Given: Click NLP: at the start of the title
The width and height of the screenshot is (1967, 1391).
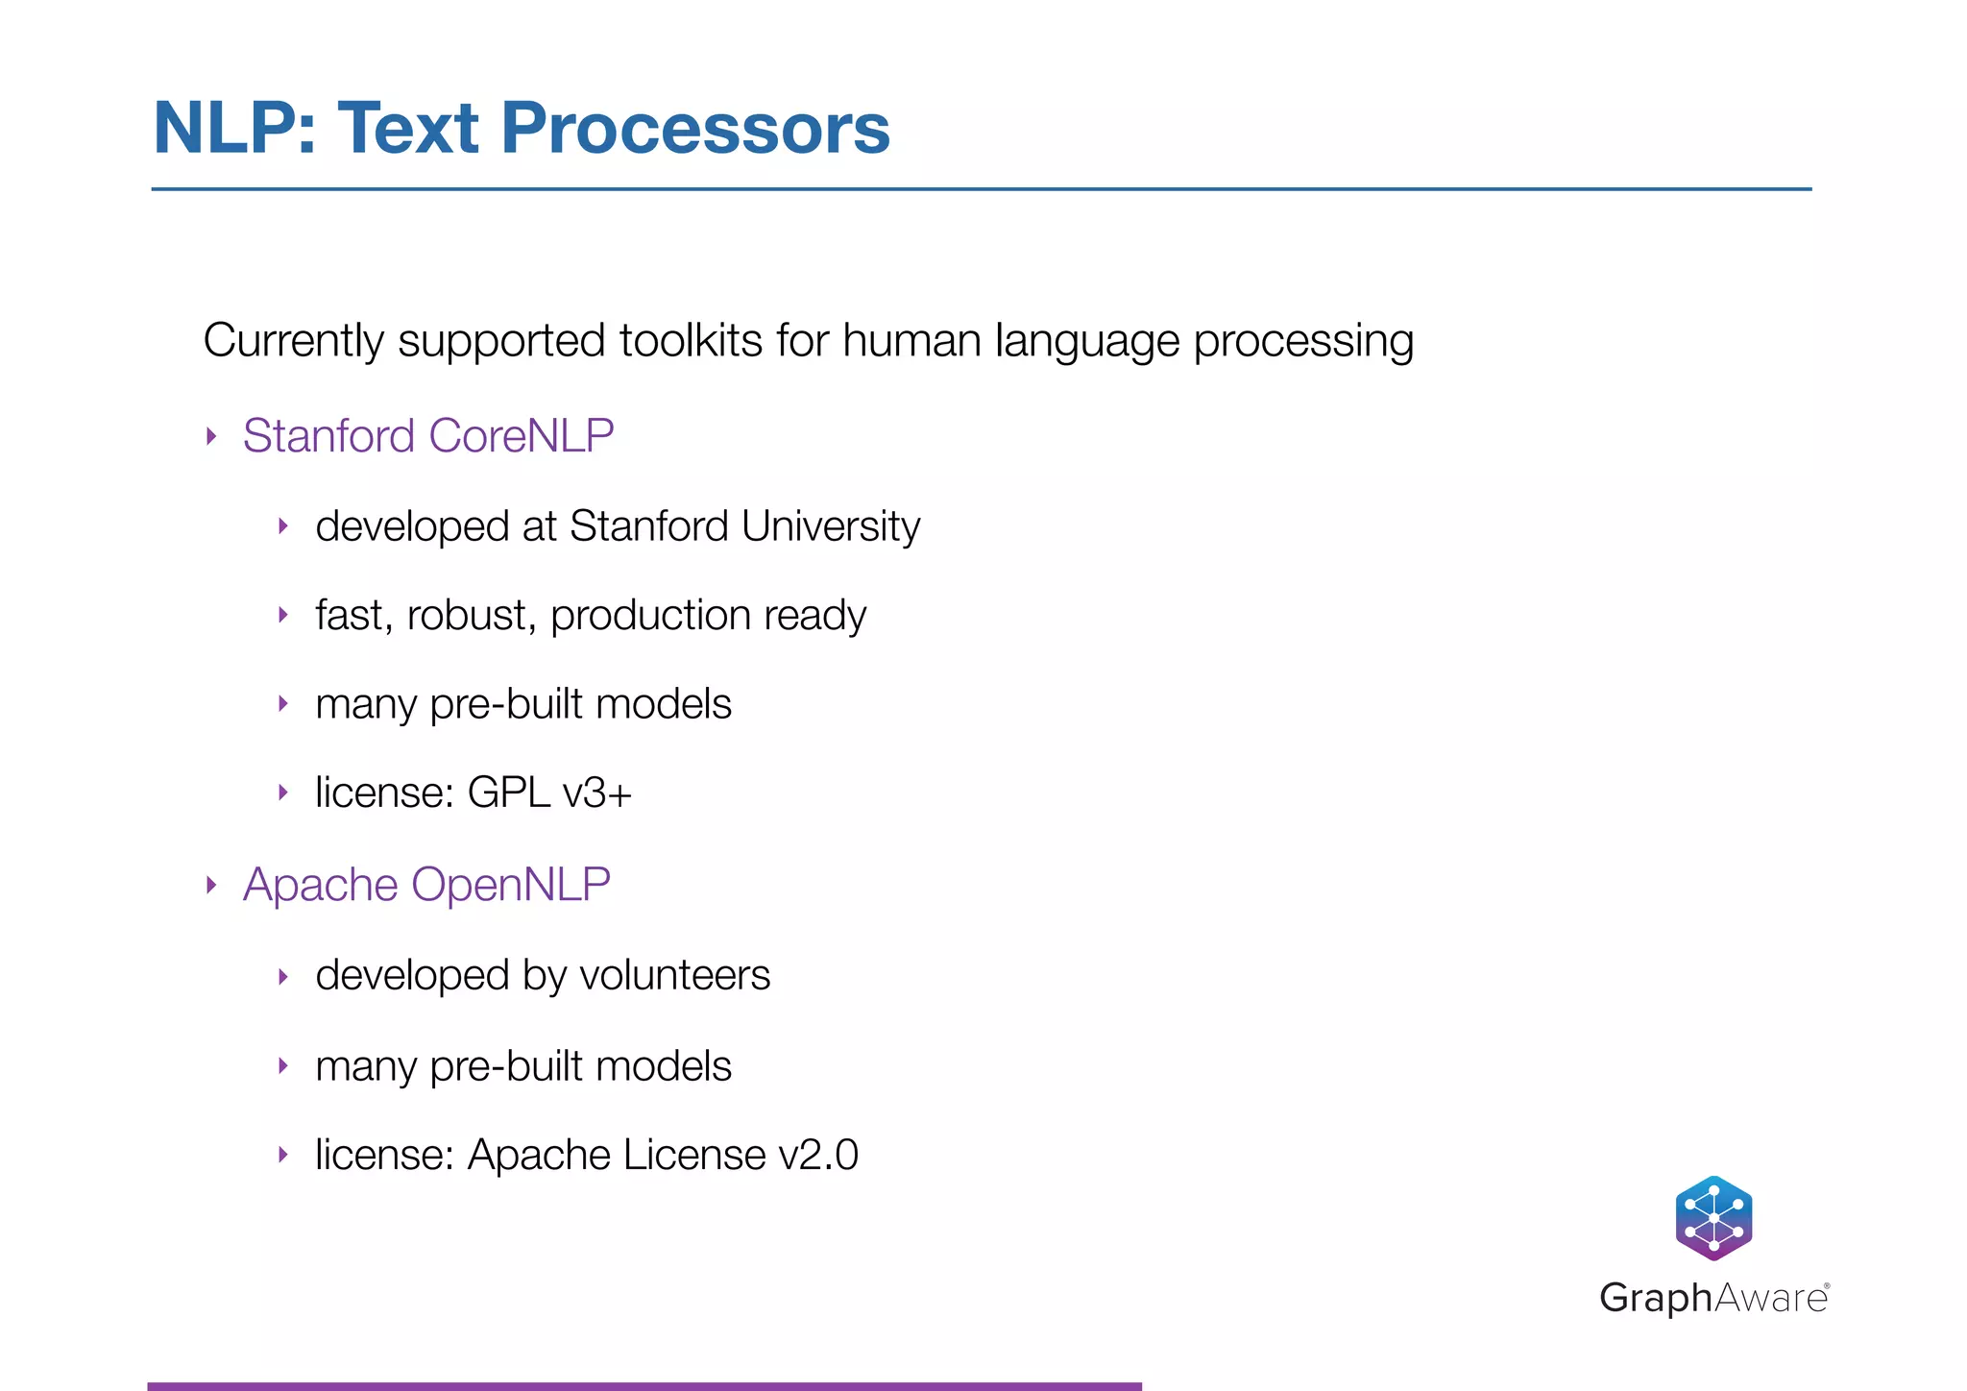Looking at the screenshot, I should point(234,129).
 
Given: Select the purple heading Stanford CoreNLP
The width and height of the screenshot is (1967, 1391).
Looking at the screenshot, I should point(428,436).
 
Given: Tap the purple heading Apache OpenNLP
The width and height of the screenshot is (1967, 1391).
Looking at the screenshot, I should point(426,885).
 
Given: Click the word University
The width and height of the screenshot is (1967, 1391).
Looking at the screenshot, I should point(831,526).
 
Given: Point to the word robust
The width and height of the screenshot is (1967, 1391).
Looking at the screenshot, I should point(471,616).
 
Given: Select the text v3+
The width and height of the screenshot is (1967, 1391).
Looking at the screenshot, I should point(597,793).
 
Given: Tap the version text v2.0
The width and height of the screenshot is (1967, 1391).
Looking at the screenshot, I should point(818,1156).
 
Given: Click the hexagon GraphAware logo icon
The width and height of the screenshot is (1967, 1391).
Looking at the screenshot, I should point(1713,1218).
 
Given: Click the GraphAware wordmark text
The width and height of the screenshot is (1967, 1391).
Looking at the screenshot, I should point(1713,1299).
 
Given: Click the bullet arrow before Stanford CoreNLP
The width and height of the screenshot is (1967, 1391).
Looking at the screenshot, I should point(212,437).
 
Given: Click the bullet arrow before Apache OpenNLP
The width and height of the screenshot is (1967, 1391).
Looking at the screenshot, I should point(212,885).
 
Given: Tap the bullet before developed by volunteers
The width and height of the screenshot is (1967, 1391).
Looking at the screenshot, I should point(283,977).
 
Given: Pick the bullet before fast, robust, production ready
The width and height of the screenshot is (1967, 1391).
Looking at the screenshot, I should point(283,615).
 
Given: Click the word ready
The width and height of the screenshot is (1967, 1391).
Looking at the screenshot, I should point(814,617).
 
